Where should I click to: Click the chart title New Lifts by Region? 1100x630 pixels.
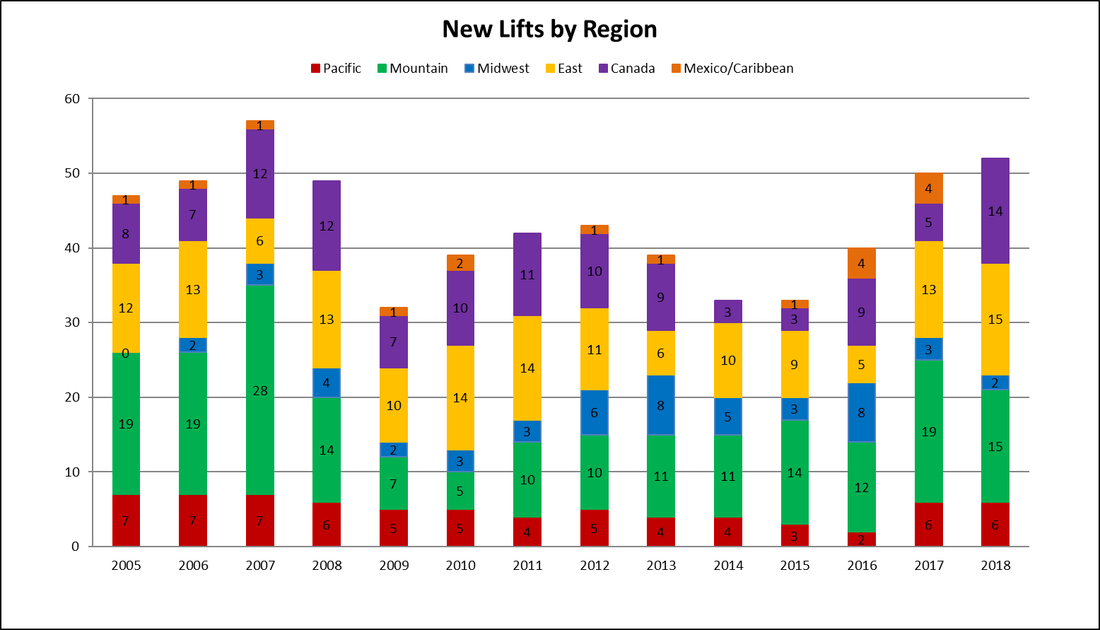[549, 30]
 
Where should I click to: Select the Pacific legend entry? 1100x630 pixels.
[336, 69]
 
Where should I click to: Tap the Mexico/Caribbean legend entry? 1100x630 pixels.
[732, 69]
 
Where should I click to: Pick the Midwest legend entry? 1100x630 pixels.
[496, 69]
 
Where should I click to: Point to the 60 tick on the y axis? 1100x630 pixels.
[72, 99]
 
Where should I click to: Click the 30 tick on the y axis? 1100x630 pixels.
[72, 322]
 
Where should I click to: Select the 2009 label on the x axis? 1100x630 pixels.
[394, 566]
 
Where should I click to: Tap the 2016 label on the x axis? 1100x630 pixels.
[862, 566]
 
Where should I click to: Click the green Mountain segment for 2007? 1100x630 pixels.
[260, 390]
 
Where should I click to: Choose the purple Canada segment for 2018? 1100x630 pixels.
[995, 211]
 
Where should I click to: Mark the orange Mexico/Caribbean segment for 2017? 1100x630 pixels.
[928, 189]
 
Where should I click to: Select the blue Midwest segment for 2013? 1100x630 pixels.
[661, 405]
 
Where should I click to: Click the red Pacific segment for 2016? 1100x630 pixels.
[862, 539]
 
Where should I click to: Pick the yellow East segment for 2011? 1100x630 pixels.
[527, 368]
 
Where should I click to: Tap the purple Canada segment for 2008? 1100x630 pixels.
[327, 226]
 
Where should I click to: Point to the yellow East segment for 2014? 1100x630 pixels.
[728, 361]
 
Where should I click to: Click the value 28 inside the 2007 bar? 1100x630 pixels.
[260, 391]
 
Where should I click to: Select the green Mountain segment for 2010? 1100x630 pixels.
[460, 491]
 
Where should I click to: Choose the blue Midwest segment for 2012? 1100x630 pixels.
[595, 413]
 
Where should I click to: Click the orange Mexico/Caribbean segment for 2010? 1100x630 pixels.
[460, 263]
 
